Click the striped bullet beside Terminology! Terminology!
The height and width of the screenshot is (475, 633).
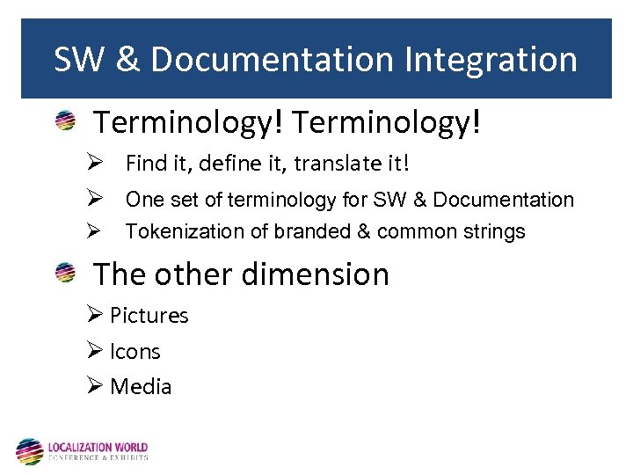click(65, 122)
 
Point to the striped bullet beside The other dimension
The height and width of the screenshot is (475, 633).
click(65, 274)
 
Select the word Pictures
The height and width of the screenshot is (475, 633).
click(149, 316)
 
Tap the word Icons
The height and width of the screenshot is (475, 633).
click(135, 352)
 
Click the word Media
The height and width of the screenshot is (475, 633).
click(141, 387)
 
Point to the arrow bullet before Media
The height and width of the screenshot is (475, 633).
click(96, 386)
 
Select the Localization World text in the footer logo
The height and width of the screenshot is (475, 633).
click(98, 447)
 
